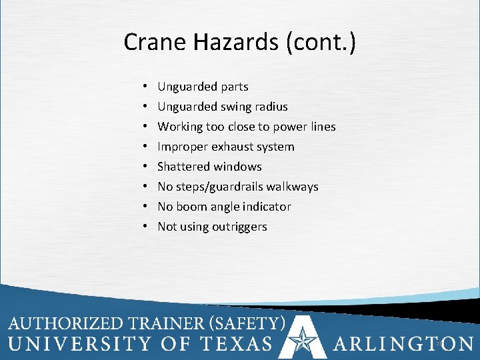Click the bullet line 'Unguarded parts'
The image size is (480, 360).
[203, 87]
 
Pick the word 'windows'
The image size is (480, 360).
[237, 167]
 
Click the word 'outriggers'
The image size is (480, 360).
[239, 227]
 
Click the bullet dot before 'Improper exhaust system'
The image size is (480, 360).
[145, 147]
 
